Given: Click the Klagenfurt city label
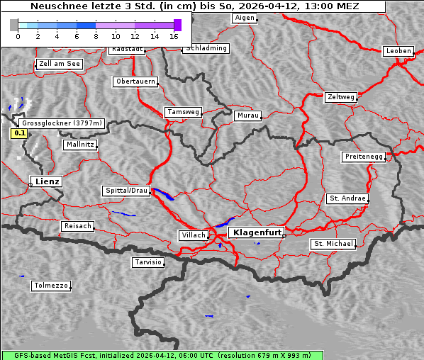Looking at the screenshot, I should pyautogui.click(x=257, y=232).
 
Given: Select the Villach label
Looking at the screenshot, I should pyautogui.click(x=193, y=235).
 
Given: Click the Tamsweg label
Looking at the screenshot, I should pyautogui.click(x=184, y=112).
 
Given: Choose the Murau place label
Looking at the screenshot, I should pyautogui.click(x=248, y=115).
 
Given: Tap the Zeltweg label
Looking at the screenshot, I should pyautogui.click(x=341, y=96).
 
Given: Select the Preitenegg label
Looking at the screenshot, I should pyautogui.click(x=364, y=157).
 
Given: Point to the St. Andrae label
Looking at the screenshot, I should pyautogui.click(x=347, y=198).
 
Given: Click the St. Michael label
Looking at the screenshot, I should pyautogui.click(x=333, y=244).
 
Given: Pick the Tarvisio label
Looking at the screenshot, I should pyautogui.click(x=148, y=262).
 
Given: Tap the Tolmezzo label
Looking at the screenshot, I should pyautogui.click(x=51, y=286).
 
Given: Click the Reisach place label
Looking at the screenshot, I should pyautogui.click(x=77, y=226).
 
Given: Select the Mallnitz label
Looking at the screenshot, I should pyautogui.click(x=80, y=144).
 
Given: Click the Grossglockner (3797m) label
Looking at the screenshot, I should pyautogui.click(x=63, y=123).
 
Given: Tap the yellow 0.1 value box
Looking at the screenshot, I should pyautogui.click(x=19, y=133).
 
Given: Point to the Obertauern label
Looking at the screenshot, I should pyautogui.click(x=135, y=81).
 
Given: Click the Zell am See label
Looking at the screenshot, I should pyautogui.click(x=60, y=64).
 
